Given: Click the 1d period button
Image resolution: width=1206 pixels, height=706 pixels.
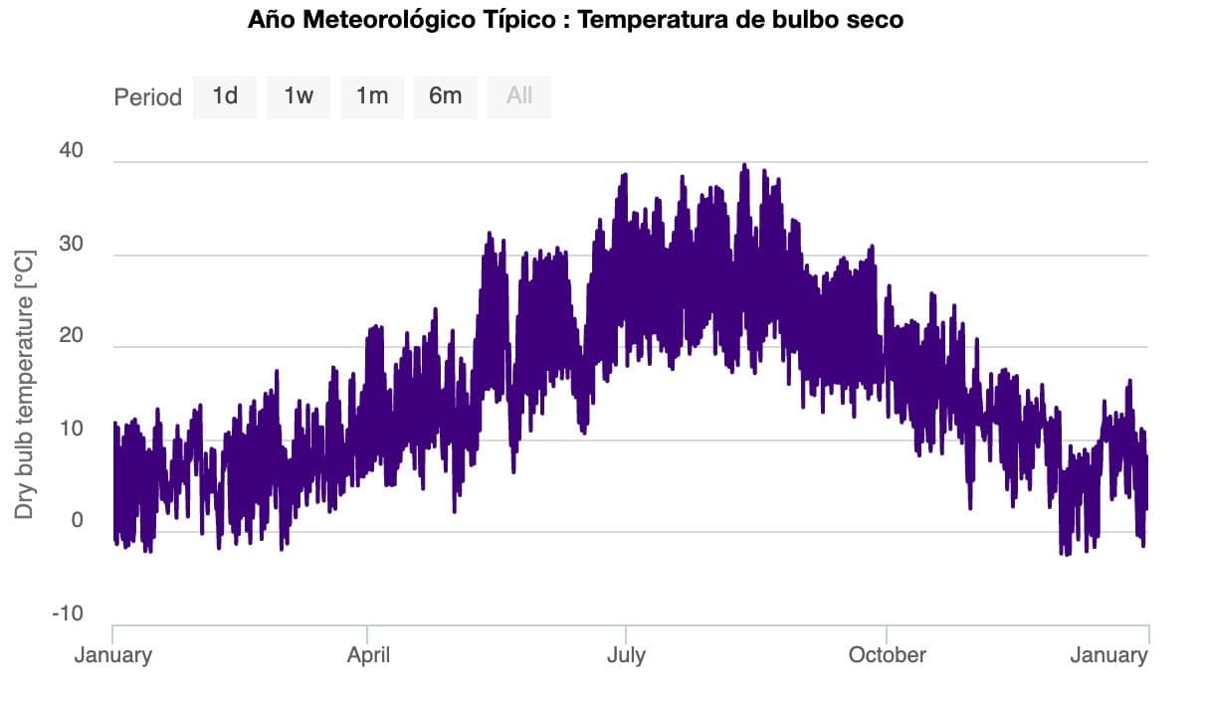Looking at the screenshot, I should [225, 96].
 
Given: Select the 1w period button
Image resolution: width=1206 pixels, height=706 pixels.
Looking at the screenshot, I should [299, 96].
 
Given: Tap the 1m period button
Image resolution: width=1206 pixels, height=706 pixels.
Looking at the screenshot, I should [372, 96].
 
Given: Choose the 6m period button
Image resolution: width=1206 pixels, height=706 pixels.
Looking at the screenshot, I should [446, 96].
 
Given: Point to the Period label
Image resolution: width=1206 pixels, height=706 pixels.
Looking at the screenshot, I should [147, 97].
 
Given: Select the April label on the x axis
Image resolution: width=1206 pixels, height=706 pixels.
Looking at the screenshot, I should [368, 655].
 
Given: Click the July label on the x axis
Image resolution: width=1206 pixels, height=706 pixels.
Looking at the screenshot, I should [626, 655].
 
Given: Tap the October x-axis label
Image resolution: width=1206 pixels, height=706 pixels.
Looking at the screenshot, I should [887, 655].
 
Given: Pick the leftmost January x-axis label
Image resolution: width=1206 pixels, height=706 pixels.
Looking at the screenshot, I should [113, 655].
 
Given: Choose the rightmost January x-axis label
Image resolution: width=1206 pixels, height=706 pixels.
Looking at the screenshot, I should [1108, 655].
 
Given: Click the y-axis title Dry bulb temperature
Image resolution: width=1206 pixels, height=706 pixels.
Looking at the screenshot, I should [26, 385].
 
